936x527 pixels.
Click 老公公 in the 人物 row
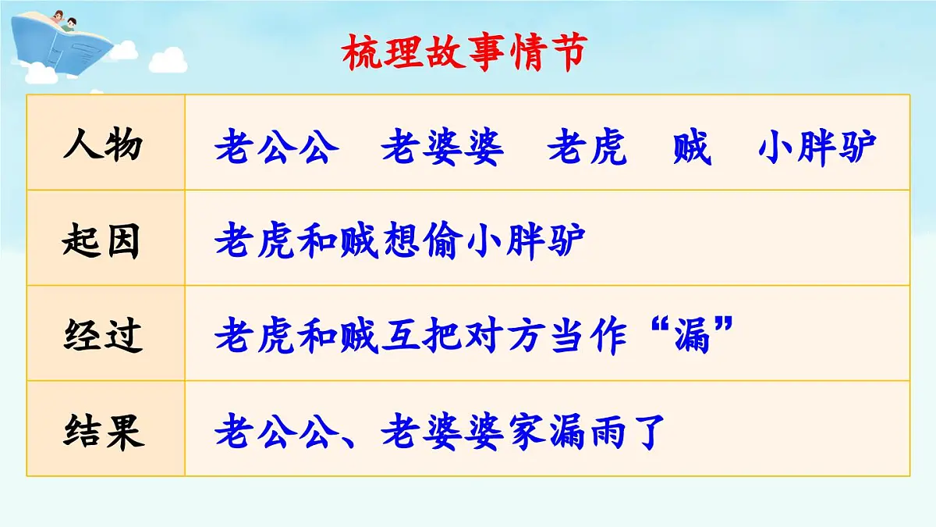(x=278, y=147)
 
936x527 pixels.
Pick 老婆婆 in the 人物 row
(x=443, y=147)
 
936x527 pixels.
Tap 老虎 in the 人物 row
(x=587, y=147)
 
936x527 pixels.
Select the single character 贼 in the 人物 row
(x=693, y=147)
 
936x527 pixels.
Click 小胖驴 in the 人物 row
(x=817, y=147)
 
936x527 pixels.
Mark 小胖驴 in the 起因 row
(x=526, y=242)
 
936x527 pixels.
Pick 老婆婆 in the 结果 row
(x=443, y=432)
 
